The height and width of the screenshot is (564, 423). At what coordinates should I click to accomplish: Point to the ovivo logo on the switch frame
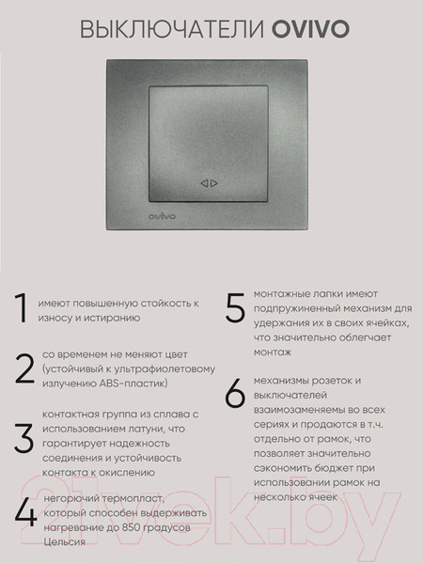tap(138, 219)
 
